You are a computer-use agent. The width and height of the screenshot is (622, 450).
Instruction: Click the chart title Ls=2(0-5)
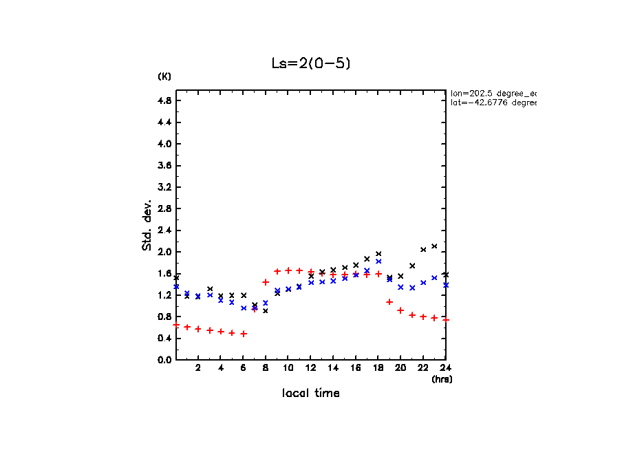click(x=312, y=63)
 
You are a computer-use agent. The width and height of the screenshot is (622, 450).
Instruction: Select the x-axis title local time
click(x=310, y=394)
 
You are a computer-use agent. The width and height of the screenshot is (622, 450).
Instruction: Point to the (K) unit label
click(x=164, y=76)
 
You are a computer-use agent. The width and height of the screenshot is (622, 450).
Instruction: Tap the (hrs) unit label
click(x=442, y=379)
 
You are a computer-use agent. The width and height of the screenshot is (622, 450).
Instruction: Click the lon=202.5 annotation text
click(x=493, y=92)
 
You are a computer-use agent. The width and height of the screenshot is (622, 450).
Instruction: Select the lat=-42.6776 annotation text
click(x=493, y=103)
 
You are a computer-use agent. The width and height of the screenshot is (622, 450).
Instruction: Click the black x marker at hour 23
click(x=434, y=246)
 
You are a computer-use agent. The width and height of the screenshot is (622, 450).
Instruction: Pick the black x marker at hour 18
click(x=378, y=254)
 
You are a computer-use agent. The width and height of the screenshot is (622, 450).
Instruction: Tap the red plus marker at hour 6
click(x=244, y=334)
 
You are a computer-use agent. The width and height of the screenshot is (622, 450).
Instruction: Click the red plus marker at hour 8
click(x=266, y=282)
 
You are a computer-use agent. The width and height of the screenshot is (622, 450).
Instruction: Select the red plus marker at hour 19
click(x=389, y=302)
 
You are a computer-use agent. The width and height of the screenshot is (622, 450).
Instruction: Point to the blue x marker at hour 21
click(x=412, y=288)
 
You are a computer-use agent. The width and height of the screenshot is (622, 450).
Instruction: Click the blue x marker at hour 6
click(x=244, y=308)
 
